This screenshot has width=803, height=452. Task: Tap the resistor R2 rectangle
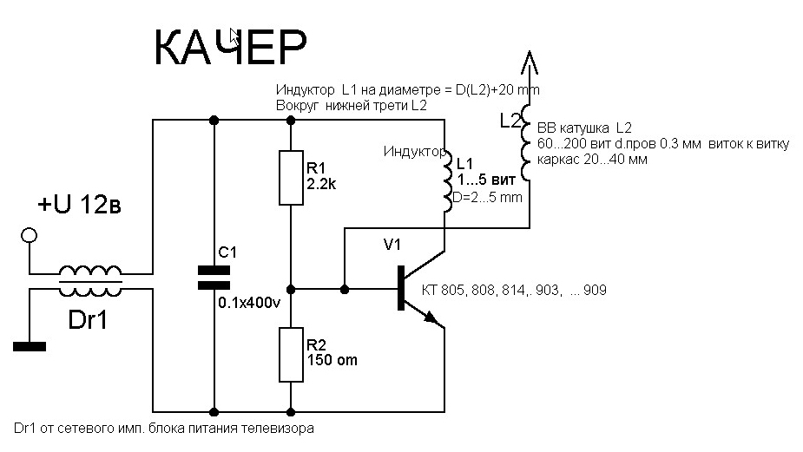coord(291,354)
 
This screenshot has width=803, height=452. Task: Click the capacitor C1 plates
coord(214,277)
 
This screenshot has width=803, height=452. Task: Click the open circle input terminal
coord(30,235)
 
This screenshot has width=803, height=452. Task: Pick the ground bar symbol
coord(30,347)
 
